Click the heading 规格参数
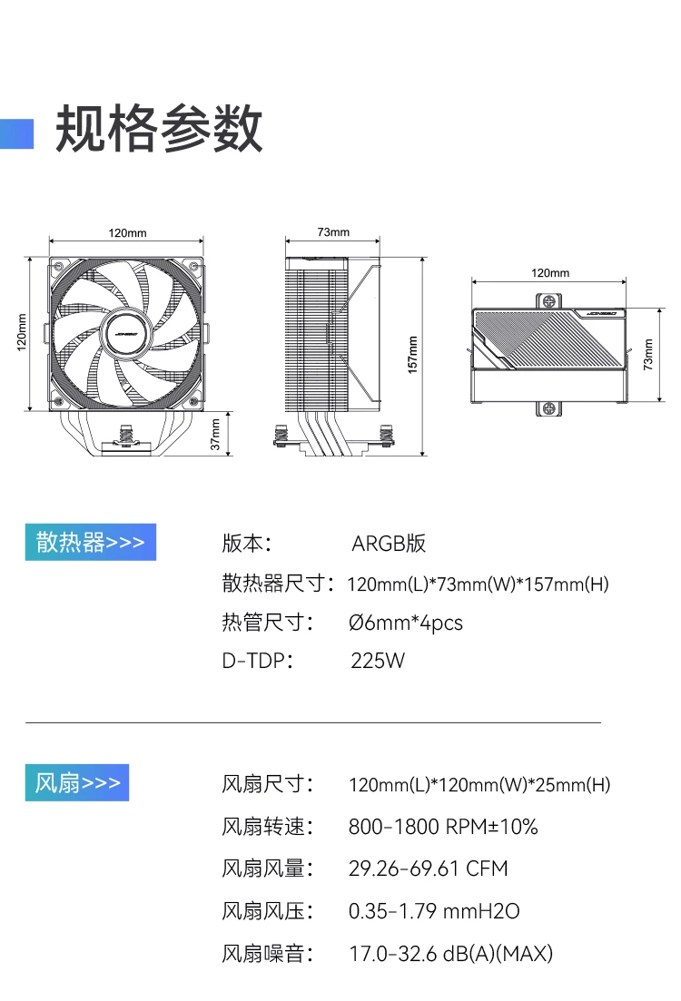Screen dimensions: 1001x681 click(x=160, y=129)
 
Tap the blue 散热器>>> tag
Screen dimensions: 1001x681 click(x=90, y=542)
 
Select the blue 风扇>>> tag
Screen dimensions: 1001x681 click(x=77, y=782)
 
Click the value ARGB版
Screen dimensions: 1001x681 click(x=389, y=544)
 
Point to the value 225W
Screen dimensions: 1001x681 click(x=378, y=660)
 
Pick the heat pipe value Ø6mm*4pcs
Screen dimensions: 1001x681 click(x=406, y=623)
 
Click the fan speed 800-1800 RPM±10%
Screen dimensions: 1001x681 click(x=443, y=827)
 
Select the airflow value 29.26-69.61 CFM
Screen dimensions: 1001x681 click(x=429, y=869)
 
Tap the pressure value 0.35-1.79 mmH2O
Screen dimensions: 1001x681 click(x=434, y=910)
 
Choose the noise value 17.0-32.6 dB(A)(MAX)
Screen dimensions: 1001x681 click(x=451, y=953)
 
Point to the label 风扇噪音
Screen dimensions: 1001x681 click(x=267, y=953)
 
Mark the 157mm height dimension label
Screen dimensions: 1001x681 click(x=413, y=355)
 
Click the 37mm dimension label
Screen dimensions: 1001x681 click(x=215, y=435)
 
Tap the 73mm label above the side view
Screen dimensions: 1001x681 click(x=333, y=232)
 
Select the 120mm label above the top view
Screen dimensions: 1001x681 click(x=550, y=273)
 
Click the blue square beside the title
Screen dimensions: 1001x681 click(x=17, y=132)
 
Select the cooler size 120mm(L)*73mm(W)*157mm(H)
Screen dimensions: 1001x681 click(x=478, y=584)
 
